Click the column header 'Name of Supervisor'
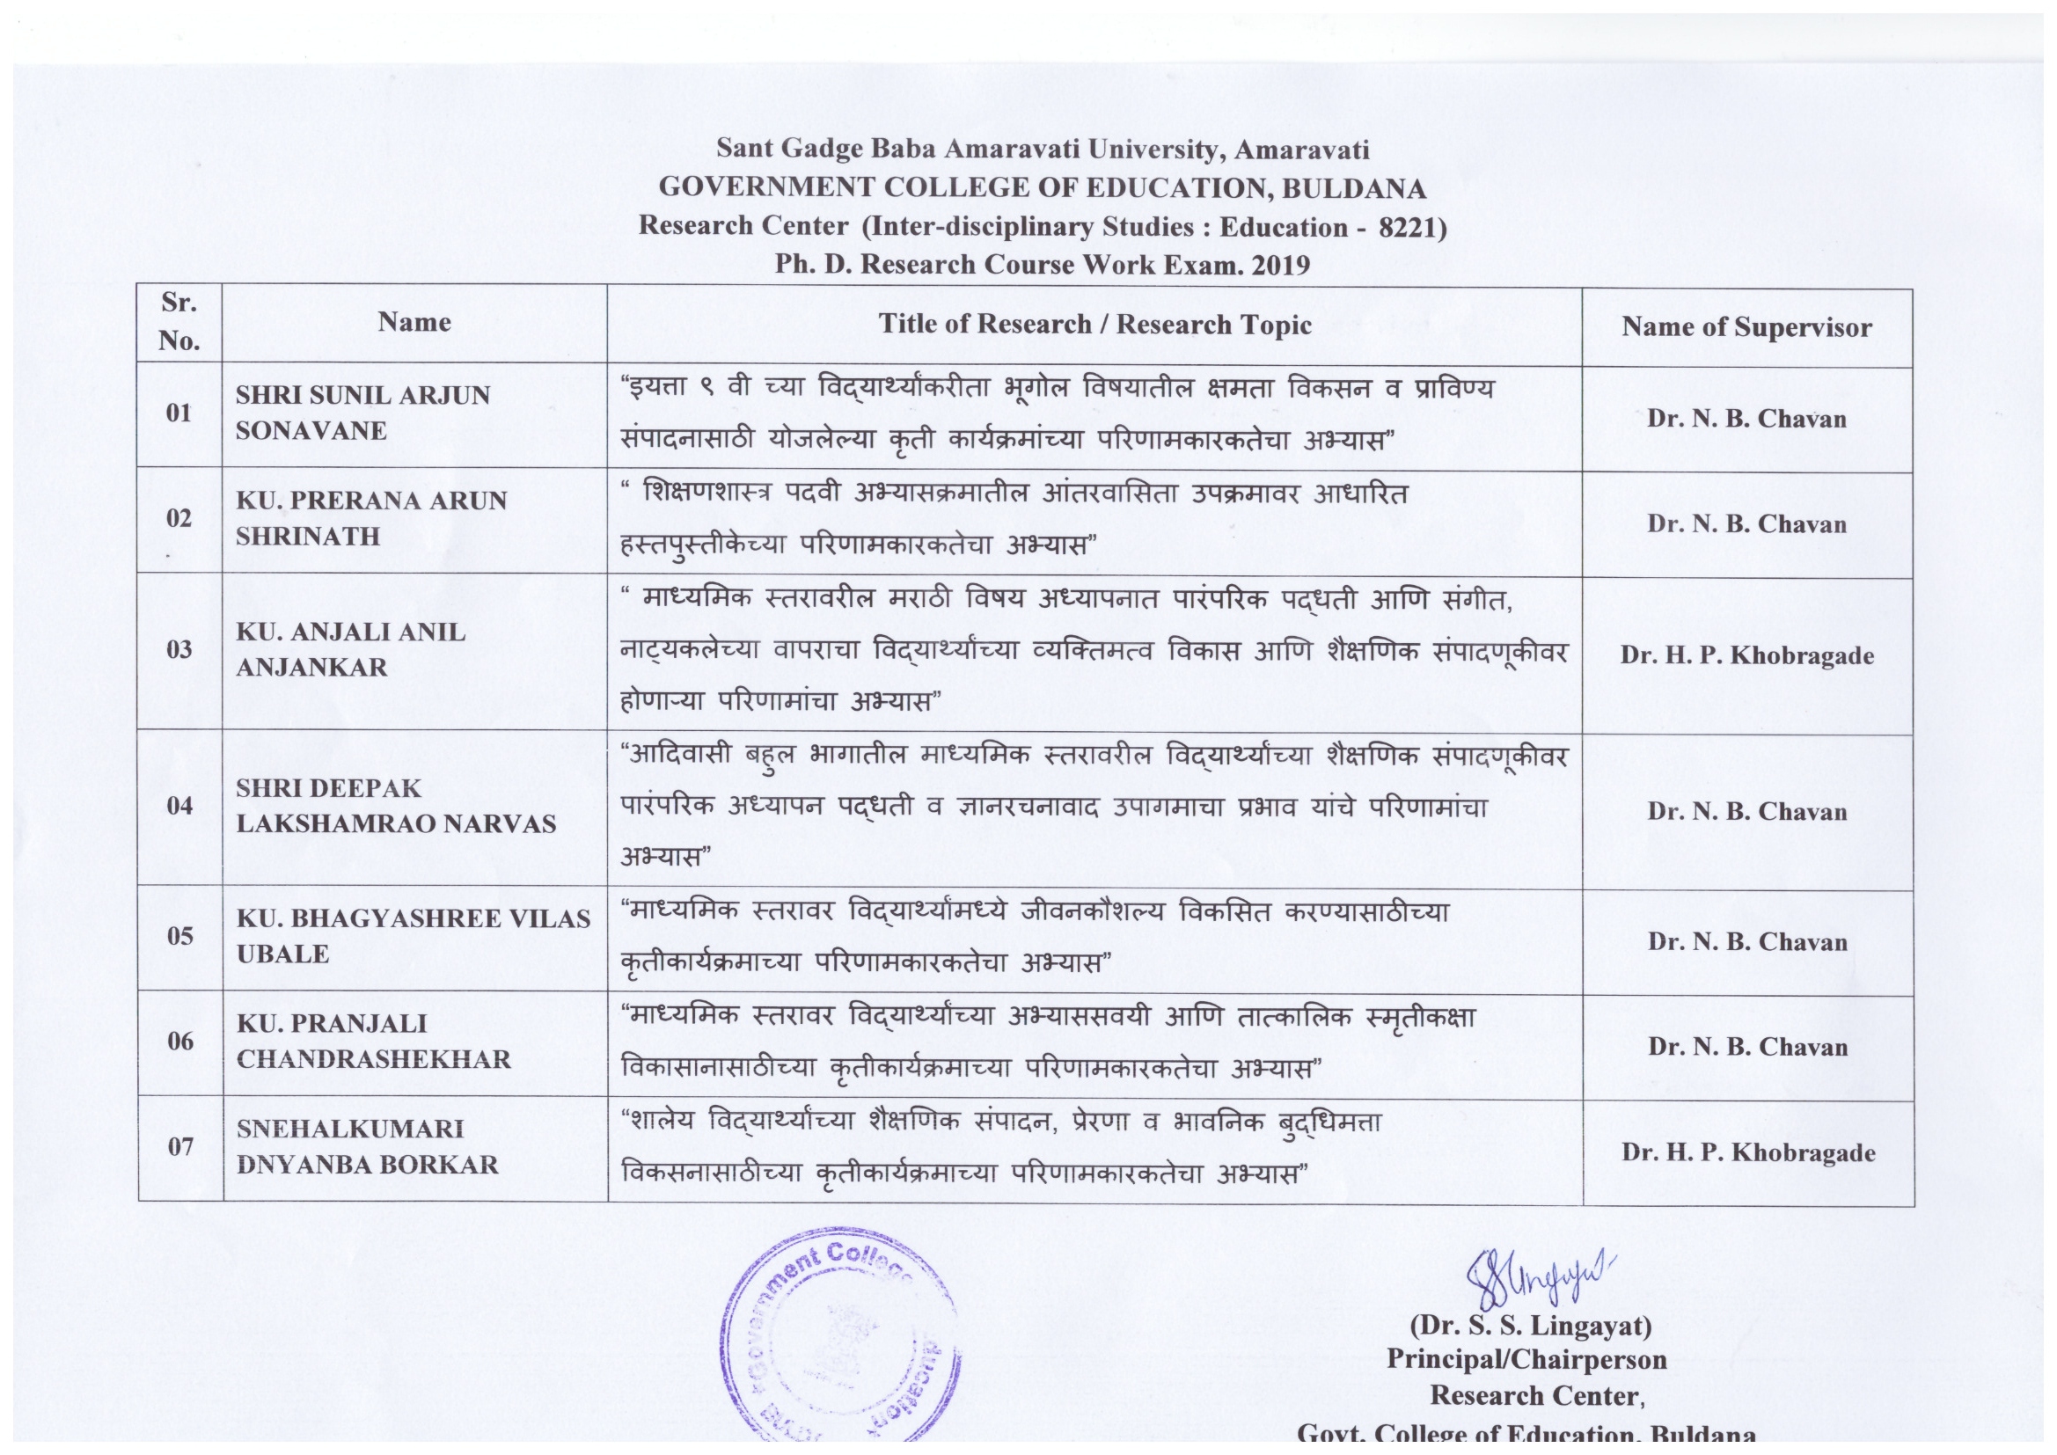coord(1746,327)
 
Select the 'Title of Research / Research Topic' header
coord(1094,325)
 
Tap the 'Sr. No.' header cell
coord(179,322)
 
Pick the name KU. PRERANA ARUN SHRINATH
coord(371,518)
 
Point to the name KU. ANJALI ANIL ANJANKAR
coord(350,649)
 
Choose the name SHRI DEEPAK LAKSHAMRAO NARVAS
coord(396,806)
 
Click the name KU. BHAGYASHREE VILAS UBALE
coord(413,935)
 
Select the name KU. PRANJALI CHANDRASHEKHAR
coord(374,1041)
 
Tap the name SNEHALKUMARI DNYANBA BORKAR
coord(368,1146)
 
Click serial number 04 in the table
coord(179,806)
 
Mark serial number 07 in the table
coord(180,1146)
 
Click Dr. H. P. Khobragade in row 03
coord(1747,655)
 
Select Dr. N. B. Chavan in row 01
coord(1746,419)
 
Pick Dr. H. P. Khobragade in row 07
coord(1748,1152)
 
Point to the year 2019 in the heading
coord(1280,265)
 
